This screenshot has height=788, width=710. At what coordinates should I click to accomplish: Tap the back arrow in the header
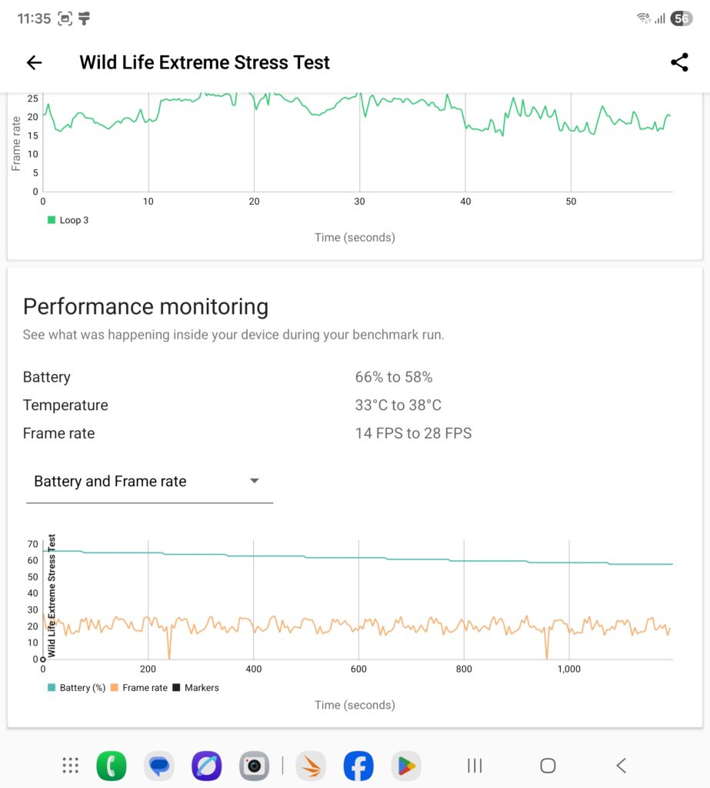[34, 63]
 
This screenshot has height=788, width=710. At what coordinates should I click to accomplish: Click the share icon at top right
[679, 63]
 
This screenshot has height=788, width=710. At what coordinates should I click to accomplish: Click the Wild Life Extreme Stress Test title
[205, 63]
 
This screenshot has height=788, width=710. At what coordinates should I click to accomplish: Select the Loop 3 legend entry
[68, 220]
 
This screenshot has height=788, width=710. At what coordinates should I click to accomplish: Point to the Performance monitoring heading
[145, 307]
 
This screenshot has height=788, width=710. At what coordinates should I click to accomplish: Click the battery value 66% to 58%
[394, 377]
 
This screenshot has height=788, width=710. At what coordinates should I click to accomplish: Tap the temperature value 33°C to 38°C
[398, 406]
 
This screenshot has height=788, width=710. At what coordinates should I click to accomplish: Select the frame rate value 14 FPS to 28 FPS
[413, 433]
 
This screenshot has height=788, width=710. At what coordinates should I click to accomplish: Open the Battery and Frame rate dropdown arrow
[255, 481]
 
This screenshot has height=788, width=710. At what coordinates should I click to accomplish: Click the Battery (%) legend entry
[77, 687]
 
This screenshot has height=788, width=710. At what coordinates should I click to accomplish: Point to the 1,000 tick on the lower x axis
[568, 669]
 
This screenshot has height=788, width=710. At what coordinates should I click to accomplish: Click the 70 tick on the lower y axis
[32, 544]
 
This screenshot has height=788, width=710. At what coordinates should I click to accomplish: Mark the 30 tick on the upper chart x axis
[359, 202]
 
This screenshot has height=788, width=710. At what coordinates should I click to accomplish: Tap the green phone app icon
[112, 766]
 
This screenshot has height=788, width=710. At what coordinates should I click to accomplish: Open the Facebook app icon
[358, 766]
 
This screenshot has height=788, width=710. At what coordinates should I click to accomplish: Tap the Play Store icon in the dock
[406, 766]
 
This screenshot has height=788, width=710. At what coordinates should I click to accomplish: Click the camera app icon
[254, 766]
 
